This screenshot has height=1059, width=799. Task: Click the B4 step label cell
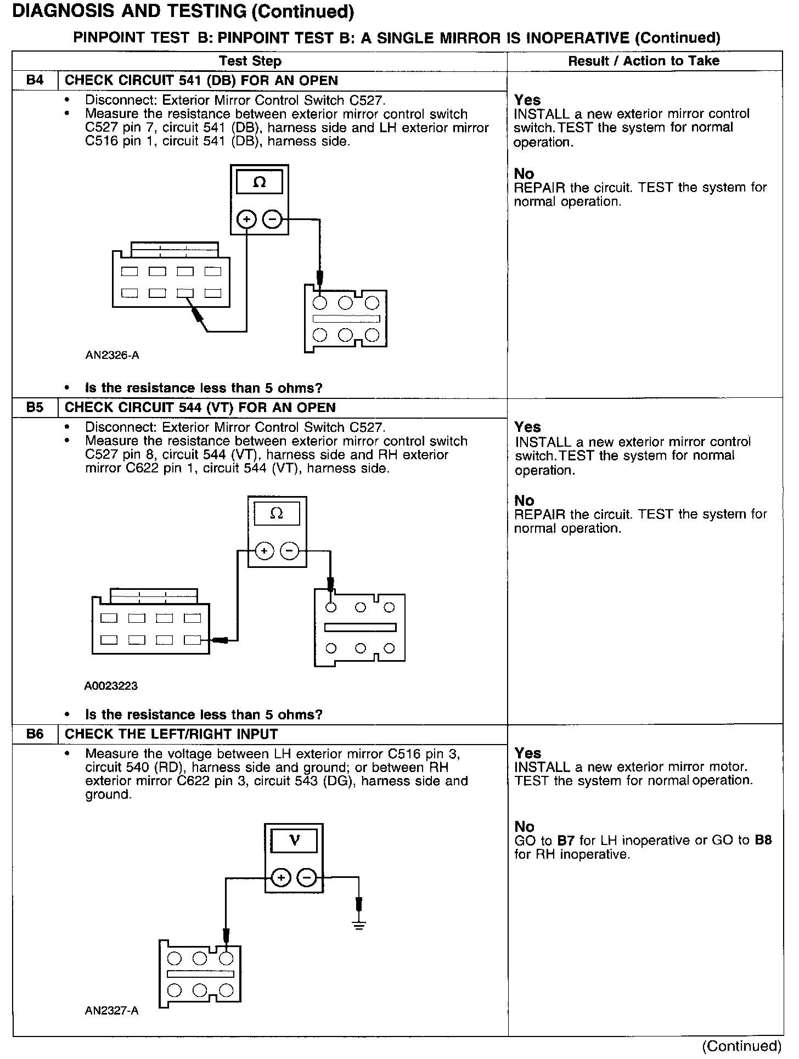point(35,81)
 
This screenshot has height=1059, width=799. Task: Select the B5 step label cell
point(35,408)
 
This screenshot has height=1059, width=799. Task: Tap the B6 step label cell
point(35,734)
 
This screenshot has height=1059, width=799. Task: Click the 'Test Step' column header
point(250,61)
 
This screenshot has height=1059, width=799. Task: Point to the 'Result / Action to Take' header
point(644,61)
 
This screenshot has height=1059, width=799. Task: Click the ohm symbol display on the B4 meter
point(260,183)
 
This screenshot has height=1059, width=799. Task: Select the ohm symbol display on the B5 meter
point(277,514)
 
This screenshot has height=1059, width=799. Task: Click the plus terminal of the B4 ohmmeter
point(247,220)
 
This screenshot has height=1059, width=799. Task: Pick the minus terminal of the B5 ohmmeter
point(290,550)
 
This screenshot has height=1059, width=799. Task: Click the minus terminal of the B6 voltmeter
point(306,878)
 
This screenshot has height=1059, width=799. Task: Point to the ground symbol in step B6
point(359,926)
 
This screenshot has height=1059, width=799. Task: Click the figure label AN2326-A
point(112,356)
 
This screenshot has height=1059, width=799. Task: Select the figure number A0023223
point(111,686)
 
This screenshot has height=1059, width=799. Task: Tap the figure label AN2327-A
point(112,1011)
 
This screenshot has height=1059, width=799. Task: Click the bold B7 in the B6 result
point(565,841)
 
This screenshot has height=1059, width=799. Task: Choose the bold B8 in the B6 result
point(763,841)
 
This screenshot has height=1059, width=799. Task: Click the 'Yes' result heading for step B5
point(527,427)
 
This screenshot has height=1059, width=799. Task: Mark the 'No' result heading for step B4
point(524,174)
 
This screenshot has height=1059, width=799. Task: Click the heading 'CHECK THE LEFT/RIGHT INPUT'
point(171,734)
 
